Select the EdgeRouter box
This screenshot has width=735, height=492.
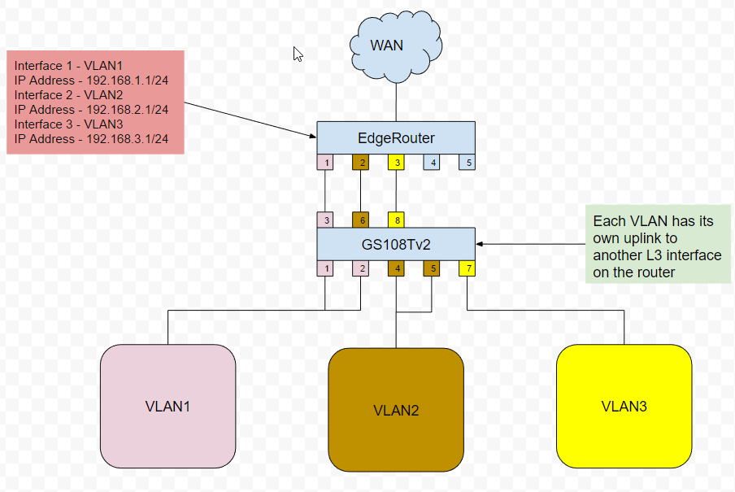pyautogui.click(x=395, y=137)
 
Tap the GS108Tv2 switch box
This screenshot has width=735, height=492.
pyautogui.click(x=395, y=243)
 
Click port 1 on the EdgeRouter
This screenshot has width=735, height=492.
pyautogui.click(x=325, y=162)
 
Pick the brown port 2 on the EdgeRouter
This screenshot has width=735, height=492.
pyautogui.click(x=360, y=162)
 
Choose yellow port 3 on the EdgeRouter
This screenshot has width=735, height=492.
pyautogui.click(x=396, y=162)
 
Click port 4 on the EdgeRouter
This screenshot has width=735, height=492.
pyautogui.click(x=432, y=162)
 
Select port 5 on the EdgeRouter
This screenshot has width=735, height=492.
pyautogui.click(x=467, y=162)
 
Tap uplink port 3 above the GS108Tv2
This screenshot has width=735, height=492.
pyautogui.click(x=325, y=220)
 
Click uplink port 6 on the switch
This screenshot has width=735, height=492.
pyautogui.click(x=360, y=220)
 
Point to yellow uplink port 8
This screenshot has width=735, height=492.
pyautogui.click(x=396, y=220)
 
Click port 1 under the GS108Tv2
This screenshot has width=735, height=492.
pyautogui.click(x=325, y=268)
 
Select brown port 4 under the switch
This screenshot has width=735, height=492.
pyautogui.click(x=396, y=268)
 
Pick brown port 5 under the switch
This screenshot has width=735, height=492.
pyautogui.click(x=432, y=268)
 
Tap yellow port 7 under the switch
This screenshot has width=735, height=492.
pyautogui.click(x=467, y=268)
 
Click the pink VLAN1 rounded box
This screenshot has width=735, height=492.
pyautogui.click(x=167, y=406)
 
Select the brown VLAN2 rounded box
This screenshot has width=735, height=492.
pyautogui.click(x=396, y=409)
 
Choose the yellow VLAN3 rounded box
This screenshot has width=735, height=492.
pyautogui.click(x=624, y=406)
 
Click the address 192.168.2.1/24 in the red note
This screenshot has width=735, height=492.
pyautogui.click(x=126, y=110)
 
